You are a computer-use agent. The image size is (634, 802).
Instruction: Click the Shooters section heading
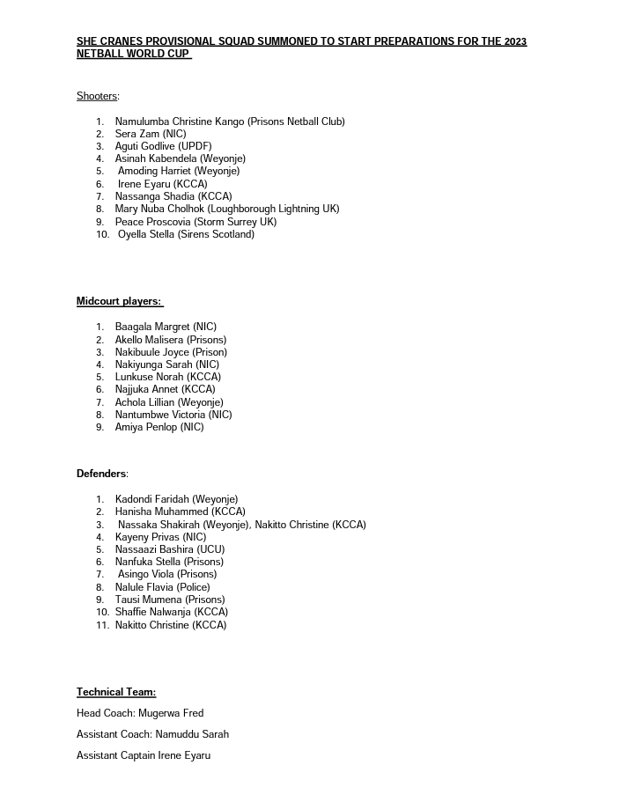click(x=97, y=96)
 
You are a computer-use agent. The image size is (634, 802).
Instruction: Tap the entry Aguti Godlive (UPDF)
click(x=163, y=146)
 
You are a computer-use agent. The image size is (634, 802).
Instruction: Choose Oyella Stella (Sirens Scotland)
click(x=186, y=234)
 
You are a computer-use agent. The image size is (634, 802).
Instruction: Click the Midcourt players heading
click(x=119, y=301)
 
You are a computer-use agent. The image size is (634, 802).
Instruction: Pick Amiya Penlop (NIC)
click(x=158, y=427)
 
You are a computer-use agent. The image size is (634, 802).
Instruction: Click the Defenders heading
click(x=101, y=474)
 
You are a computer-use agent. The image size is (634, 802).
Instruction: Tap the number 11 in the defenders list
click(x=102, y=625)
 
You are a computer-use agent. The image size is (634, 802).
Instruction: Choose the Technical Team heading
click(x=116, y=692)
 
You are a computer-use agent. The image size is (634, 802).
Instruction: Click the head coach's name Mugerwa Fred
click(x=171, y=713)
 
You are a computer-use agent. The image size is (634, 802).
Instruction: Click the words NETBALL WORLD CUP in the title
click(x=133, y=54)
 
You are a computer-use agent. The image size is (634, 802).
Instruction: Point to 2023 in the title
click(x=516, y=41)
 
